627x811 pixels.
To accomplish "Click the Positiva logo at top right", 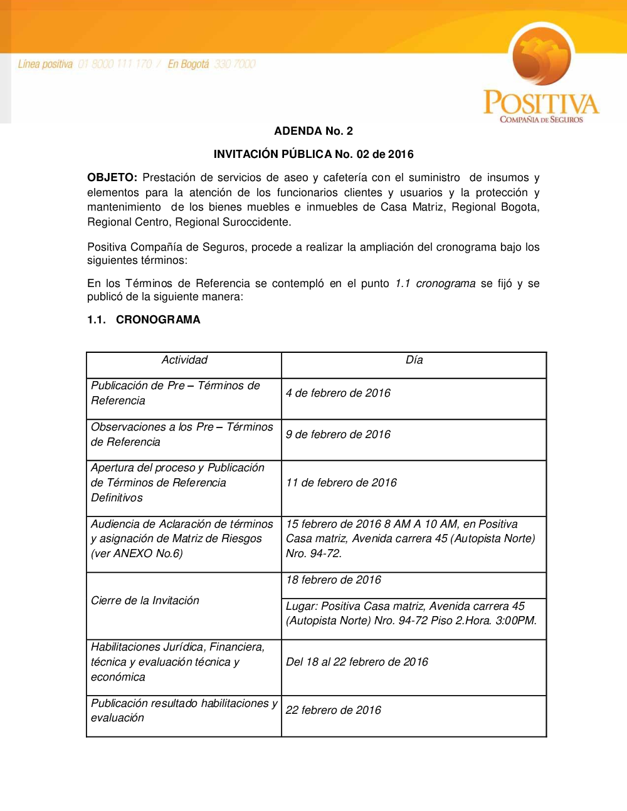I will [541, 74].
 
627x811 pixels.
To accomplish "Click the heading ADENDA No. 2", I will [313, 131].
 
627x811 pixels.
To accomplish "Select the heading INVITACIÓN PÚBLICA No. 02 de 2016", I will [313, 154].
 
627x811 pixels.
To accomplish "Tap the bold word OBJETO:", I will [112, 178].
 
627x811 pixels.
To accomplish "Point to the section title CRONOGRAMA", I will [158, 320].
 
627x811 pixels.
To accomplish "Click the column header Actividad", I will [184, 360].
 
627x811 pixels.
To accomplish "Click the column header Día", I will [414, 360].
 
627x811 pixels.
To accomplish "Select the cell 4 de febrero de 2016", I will [338, 393].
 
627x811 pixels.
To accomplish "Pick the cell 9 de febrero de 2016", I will [338, 434].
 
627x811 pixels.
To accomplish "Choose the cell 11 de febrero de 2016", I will [341, 483].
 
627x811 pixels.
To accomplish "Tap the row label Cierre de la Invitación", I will [145, 600].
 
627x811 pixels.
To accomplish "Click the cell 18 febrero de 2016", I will [334, 580].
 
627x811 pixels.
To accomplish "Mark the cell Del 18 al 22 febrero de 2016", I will [357, 662].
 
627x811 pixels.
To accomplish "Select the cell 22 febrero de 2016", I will [334, 710].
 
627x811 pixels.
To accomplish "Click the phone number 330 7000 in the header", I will [234, 64].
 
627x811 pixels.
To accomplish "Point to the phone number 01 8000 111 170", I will [115, 64].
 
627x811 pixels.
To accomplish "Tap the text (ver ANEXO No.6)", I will [137, 553].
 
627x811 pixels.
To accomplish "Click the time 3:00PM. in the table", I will [516, 620].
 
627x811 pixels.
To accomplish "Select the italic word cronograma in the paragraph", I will [445, 283].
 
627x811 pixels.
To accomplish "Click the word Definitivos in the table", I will [117, 498].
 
